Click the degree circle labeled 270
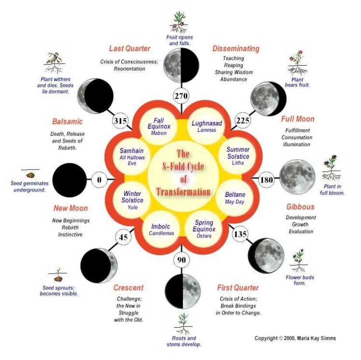pyautogui.click(x=180, y=96)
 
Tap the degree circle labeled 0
pyautogui.click(x=99, y=180)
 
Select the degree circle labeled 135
pyautogui.click(x=240, y=235)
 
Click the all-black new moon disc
pyautogui.click(x=69, y=180)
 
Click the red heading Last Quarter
pyautogui.click(x=129, y=48)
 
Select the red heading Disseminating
pyautogui.click(x=236, y=48)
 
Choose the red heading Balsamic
pyautogui.click(x=67, y=122)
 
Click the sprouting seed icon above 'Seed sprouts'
pyautogui.click(x=58, y=275)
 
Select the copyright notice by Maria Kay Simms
pyautogui.click(x=295, y=338)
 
